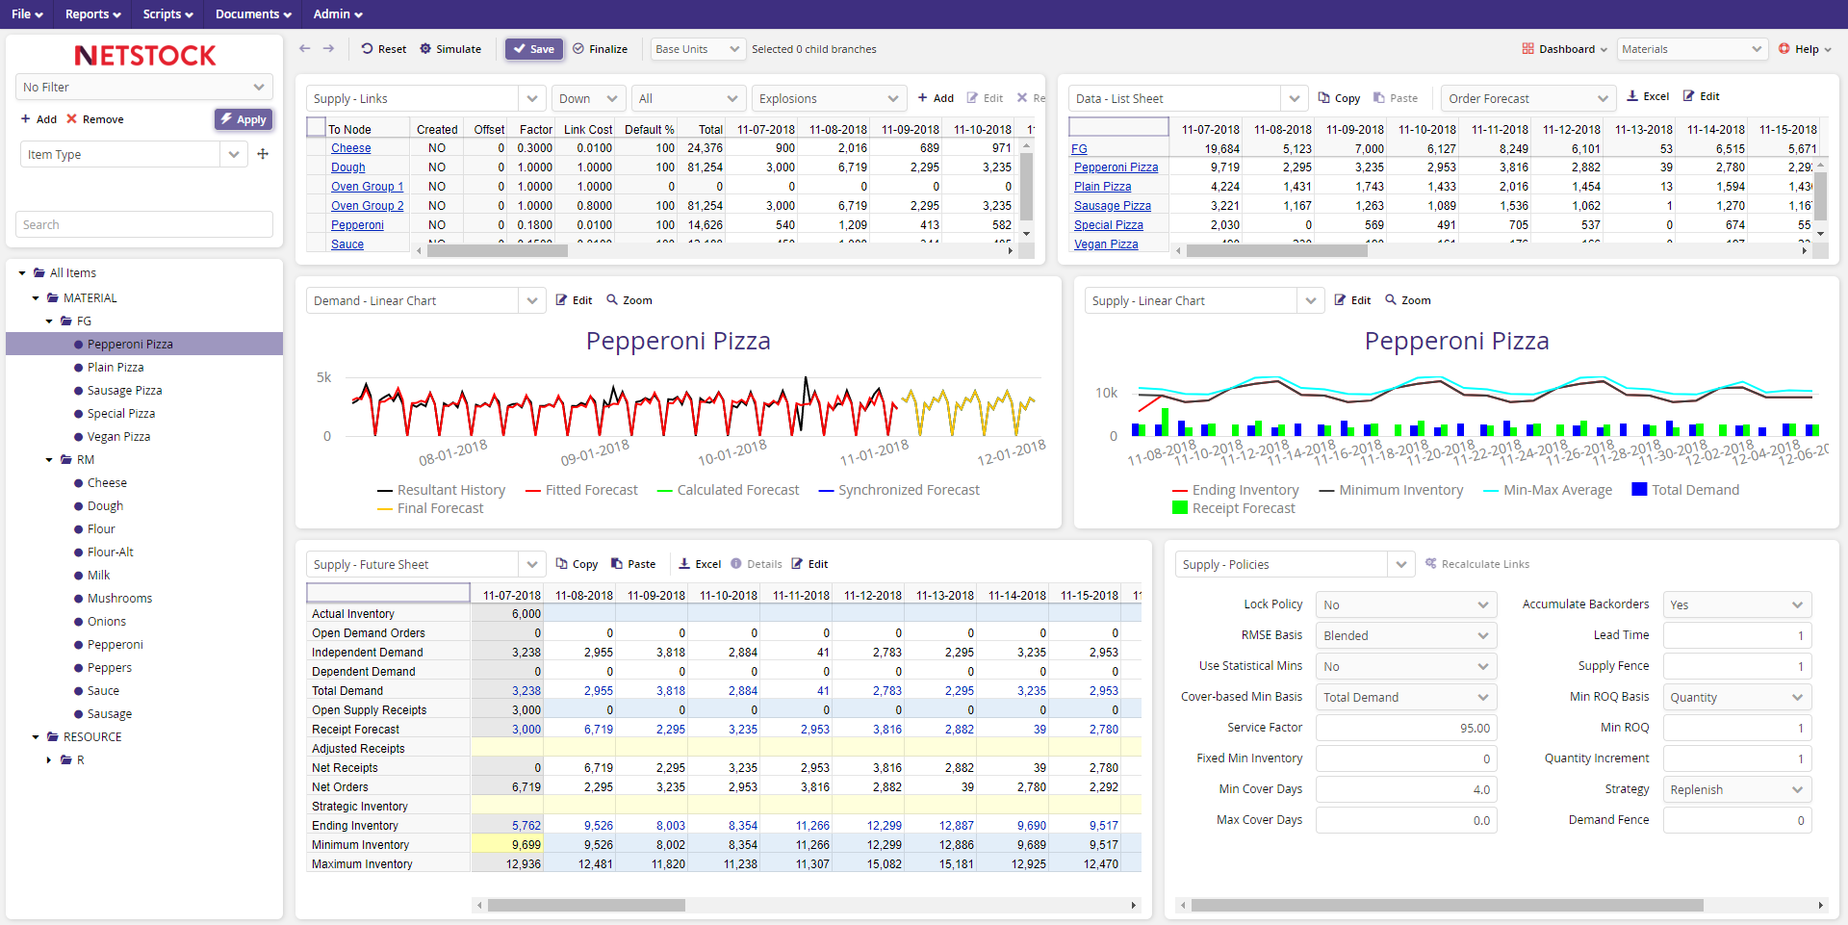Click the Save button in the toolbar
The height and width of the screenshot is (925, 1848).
pyautogui.click(x=534, y=49)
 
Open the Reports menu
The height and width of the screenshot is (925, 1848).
pyautogui.click(x=92, y=14)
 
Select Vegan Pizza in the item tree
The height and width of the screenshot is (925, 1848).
pyautogui.click(x=118, y=437)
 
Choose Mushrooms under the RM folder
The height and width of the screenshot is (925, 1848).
pyautogui.click(x=119, y=599)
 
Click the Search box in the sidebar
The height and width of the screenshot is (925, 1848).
pyautogui.click(x=144, y=224)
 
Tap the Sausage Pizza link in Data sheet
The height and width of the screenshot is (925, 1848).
pyautogui.click(x=1112, y=206)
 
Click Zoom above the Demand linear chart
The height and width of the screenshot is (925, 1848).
pyautogui.click(x=629, y=300)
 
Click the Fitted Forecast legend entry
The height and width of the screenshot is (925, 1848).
pyautogui.click(x=590, y=490)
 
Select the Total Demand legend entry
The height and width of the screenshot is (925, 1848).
pyautogui.click(x=1694, y=490)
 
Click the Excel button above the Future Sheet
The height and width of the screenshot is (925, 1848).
pyautogui.click(x=700, y=564)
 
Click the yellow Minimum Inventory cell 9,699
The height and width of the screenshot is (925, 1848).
pyautogui.click(x=508, y=845)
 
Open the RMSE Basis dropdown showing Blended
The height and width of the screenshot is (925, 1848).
pyautogui.click(x=1405, y=635)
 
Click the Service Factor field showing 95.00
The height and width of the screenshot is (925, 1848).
pyautogui.click(x=1405, y=729)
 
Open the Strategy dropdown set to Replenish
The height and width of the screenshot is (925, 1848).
pyautogui.click(x=1736, y=790)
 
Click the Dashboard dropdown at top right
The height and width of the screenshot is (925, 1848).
pyautogui.click(x=1565, y=49)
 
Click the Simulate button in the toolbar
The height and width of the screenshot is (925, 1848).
pyautogui.click(x=450, y=49)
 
